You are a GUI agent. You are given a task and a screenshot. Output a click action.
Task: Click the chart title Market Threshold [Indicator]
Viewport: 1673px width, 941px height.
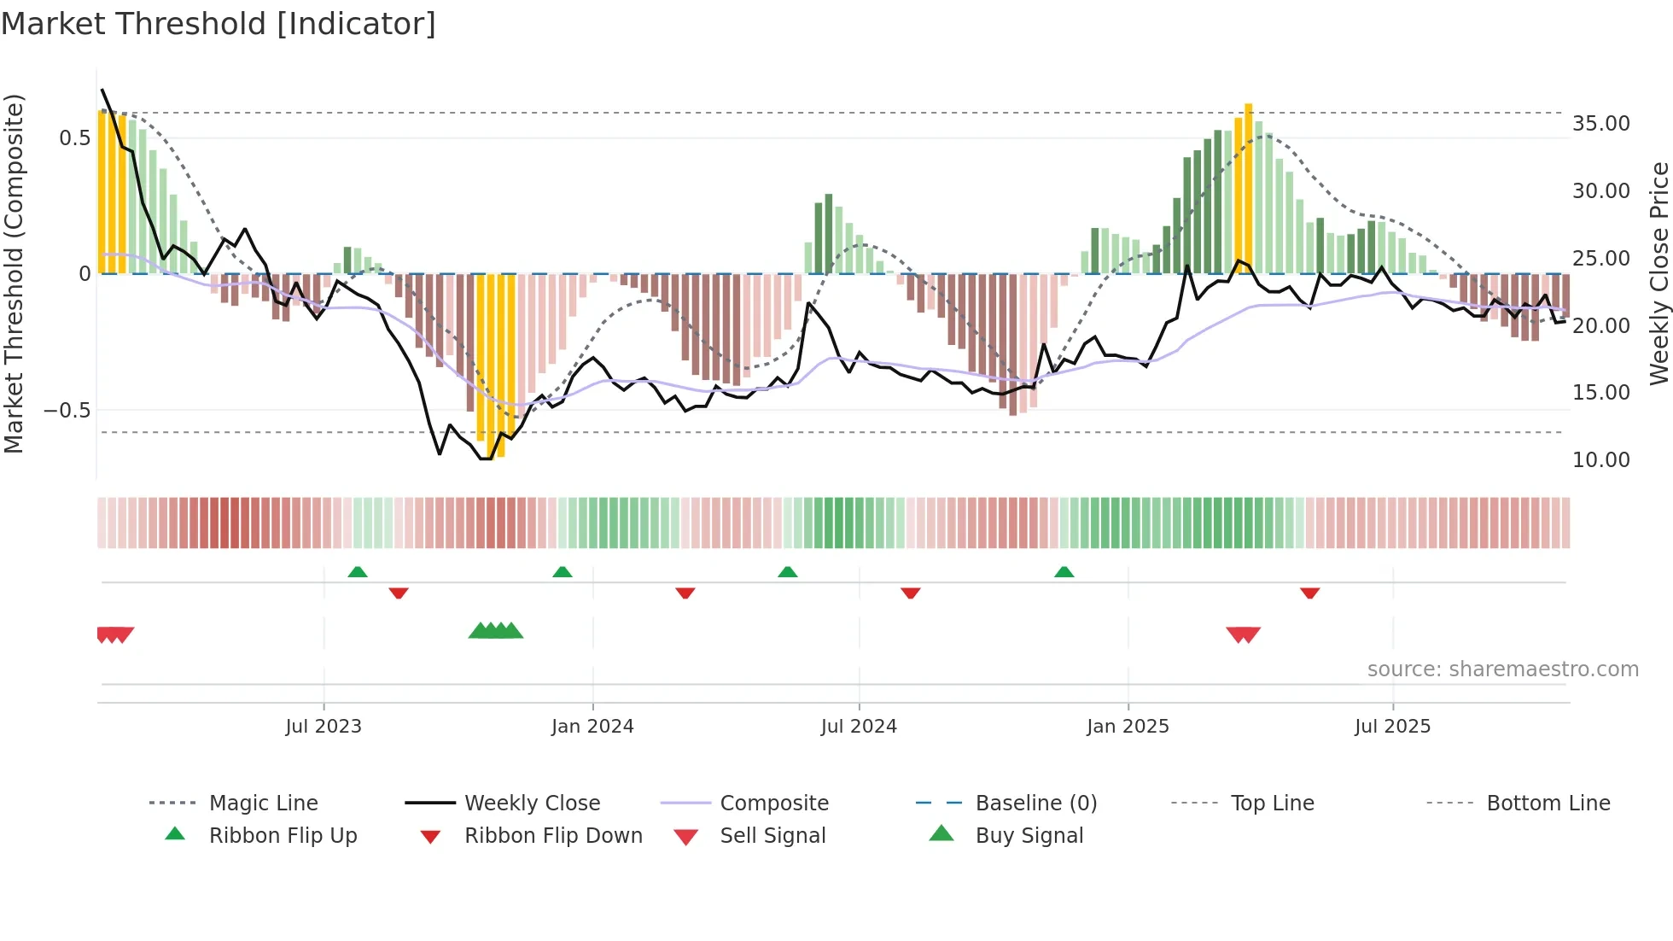[219, 24]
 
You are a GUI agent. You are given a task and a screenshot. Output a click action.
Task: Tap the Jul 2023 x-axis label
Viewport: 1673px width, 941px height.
[324, 727]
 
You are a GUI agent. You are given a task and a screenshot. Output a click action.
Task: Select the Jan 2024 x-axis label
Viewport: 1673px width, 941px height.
[592, 727]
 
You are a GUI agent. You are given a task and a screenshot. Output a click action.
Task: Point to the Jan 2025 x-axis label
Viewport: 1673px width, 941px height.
[1128, 727]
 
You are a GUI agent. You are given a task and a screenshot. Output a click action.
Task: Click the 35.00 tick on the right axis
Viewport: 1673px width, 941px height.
[1601, 124]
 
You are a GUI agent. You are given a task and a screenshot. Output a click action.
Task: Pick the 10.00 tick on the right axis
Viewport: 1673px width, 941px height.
[1601, 460]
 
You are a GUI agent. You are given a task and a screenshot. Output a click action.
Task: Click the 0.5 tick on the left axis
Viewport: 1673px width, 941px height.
[74, 138]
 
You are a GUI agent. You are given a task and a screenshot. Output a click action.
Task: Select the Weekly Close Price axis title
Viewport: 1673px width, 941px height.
[1658, 273]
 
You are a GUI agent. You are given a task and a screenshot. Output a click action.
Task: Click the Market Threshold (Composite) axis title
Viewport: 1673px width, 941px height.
[14, 273]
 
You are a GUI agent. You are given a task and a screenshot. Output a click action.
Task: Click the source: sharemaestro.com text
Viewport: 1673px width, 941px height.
[1502, 669]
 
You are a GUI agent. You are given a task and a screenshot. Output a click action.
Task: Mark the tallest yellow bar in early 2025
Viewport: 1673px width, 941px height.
[1248, 188]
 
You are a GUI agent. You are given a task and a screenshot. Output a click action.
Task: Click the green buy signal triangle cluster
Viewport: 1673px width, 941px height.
[496, 632]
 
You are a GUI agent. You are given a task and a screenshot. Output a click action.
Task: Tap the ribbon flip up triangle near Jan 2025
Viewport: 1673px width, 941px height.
[1064, 572]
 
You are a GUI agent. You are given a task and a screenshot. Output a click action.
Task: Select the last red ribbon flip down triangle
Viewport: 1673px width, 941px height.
[1309, 593]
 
